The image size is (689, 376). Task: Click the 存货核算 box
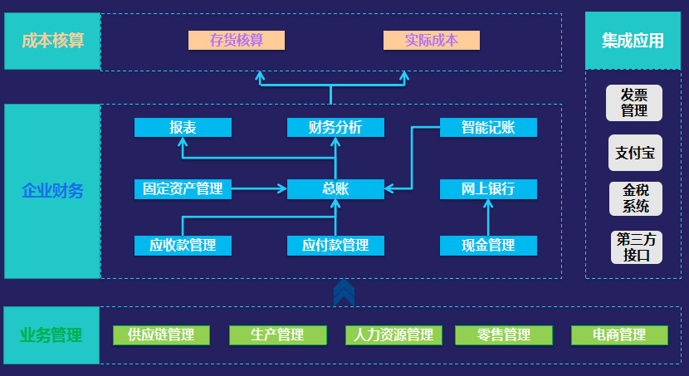[237, 40]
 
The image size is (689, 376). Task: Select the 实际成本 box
[432, 40]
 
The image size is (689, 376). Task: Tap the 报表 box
[183, 127]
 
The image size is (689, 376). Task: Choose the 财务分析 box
[335, 127]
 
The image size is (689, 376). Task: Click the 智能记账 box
[488, 127]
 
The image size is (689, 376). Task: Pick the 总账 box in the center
[335, 189]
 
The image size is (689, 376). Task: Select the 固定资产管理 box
[183, 189]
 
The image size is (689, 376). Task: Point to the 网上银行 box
[488, 189]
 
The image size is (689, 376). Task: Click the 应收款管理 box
[183, 246]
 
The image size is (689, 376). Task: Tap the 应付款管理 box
[335, 246]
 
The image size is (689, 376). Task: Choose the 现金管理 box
[488, 246]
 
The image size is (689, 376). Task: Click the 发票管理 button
[634, 103]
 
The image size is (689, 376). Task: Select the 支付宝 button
[634, 153]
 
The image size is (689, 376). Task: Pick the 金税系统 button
[635, 198]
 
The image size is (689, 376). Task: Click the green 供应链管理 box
[161, 335]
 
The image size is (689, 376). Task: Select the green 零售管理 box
[504, 335]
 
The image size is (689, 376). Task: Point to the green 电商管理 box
[619, 335]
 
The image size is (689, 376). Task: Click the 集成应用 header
[633, 41]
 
